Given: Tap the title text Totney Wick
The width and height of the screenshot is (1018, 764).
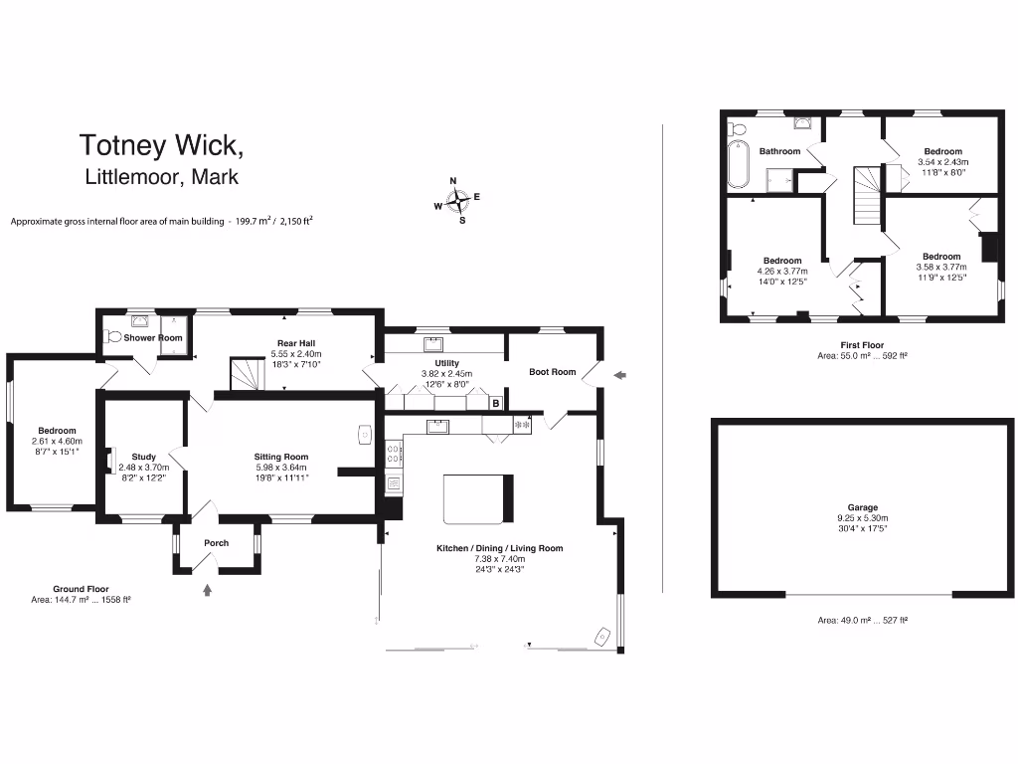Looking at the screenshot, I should coord(161,145).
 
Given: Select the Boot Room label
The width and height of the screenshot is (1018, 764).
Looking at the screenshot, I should coord(552,372).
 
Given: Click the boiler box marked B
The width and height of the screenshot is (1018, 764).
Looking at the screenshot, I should coord(495,403).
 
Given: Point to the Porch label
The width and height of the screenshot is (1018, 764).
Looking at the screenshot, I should coord(216,543).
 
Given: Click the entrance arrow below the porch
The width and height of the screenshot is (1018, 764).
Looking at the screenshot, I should coord(207,591).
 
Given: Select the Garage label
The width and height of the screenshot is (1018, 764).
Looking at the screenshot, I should coord(862,507).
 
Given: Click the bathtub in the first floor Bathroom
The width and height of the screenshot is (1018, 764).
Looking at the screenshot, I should coord(737,164).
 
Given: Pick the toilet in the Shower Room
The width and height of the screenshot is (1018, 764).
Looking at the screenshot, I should coord(112,337).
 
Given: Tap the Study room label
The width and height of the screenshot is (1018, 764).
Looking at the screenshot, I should coord(143,457).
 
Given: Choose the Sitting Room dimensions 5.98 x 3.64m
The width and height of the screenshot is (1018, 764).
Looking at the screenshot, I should coord(281,468).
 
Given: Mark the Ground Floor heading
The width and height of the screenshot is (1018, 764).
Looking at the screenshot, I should coord(81,589).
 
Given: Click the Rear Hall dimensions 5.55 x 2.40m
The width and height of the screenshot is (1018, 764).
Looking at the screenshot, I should coord(295,354).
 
